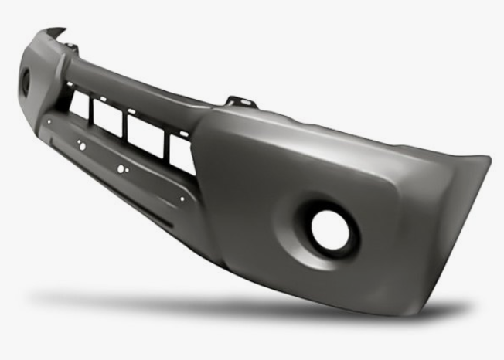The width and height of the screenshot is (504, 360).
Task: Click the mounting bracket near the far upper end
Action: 73,49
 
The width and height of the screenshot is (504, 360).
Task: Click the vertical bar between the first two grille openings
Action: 91,113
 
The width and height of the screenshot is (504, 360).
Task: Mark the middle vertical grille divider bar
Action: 124,127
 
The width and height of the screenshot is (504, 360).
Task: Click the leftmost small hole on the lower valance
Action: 48,121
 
